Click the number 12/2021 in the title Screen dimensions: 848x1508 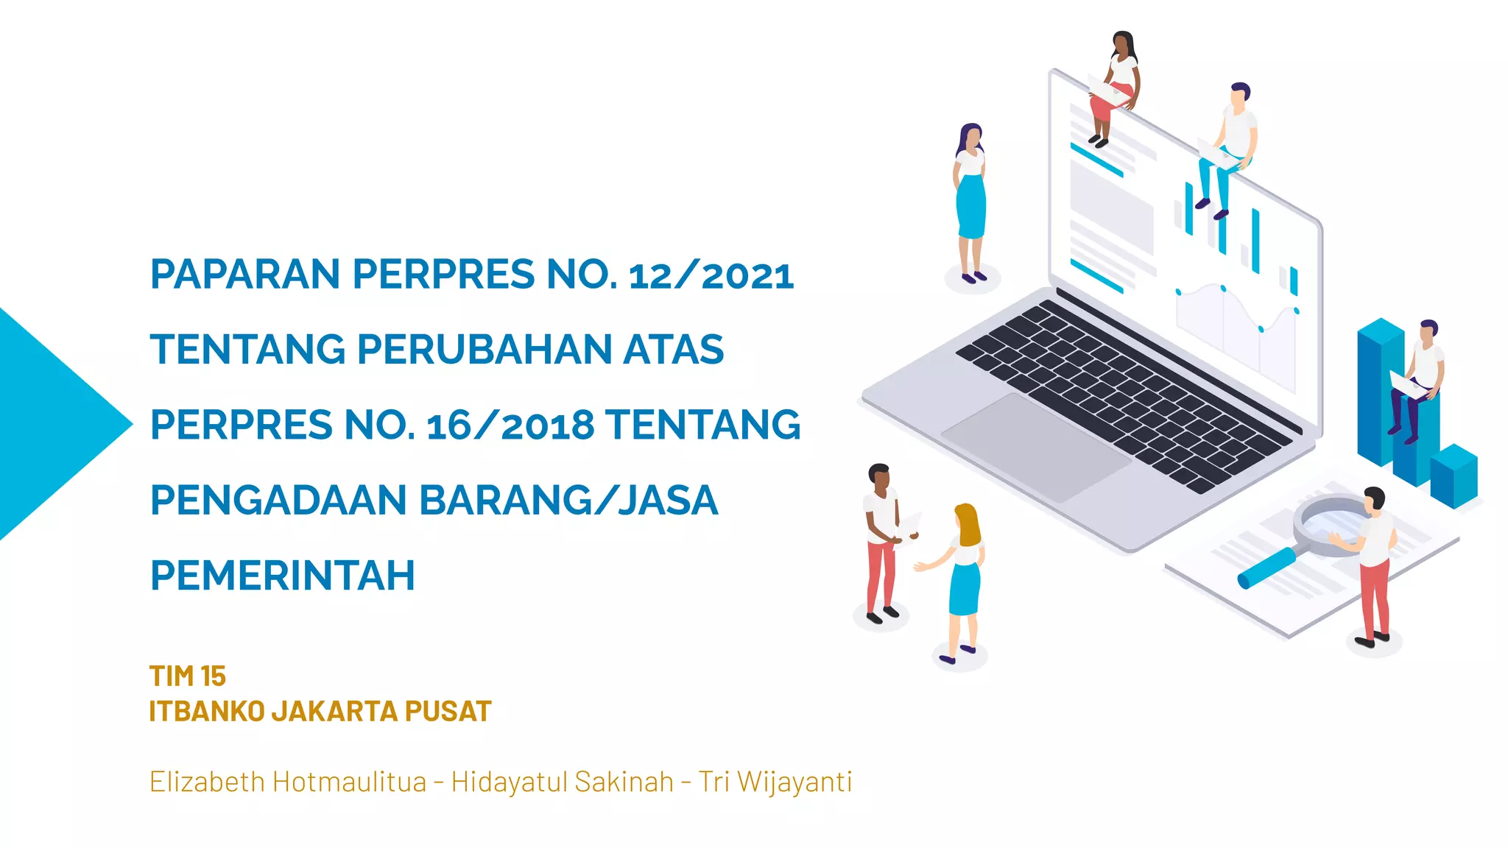711,275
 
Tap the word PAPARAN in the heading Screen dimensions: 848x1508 246,275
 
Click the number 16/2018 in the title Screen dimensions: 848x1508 510,425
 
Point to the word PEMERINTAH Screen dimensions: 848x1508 283,576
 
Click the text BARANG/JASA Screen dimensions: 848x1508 568,501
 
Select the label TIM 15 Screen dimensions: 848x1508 187,676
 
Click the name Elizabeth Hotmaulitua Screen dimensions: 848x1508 288,782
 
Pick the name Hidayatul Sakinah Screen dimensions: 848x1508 563,782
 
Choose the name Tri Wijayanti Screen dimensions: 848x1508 775,782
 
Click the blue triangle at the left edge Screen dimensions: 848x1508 52,424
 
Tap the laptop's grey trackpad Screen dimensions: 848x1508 1035,445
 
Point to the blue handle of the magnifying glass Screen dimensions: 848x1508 1266,568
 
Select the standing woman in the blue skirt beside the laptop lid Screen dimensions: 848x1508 970,199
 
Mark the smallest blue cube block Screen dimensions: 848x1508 1454,476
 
